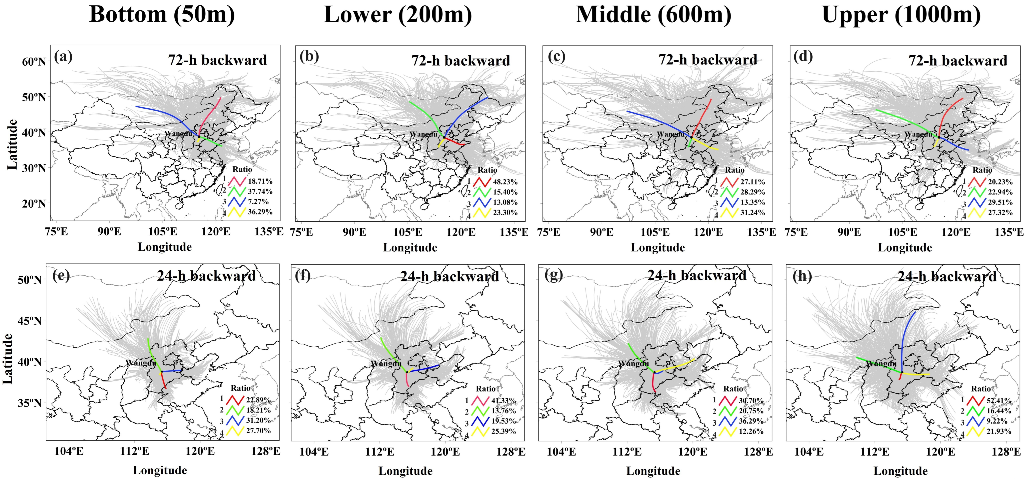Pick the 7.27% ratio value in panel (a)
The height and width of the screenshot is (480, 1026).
(258, 202)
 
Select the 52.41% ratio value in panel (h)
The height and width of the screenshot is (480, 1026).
(999, 400)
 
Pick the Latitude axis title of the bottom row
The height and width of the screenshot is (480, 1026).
(8, 359)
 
